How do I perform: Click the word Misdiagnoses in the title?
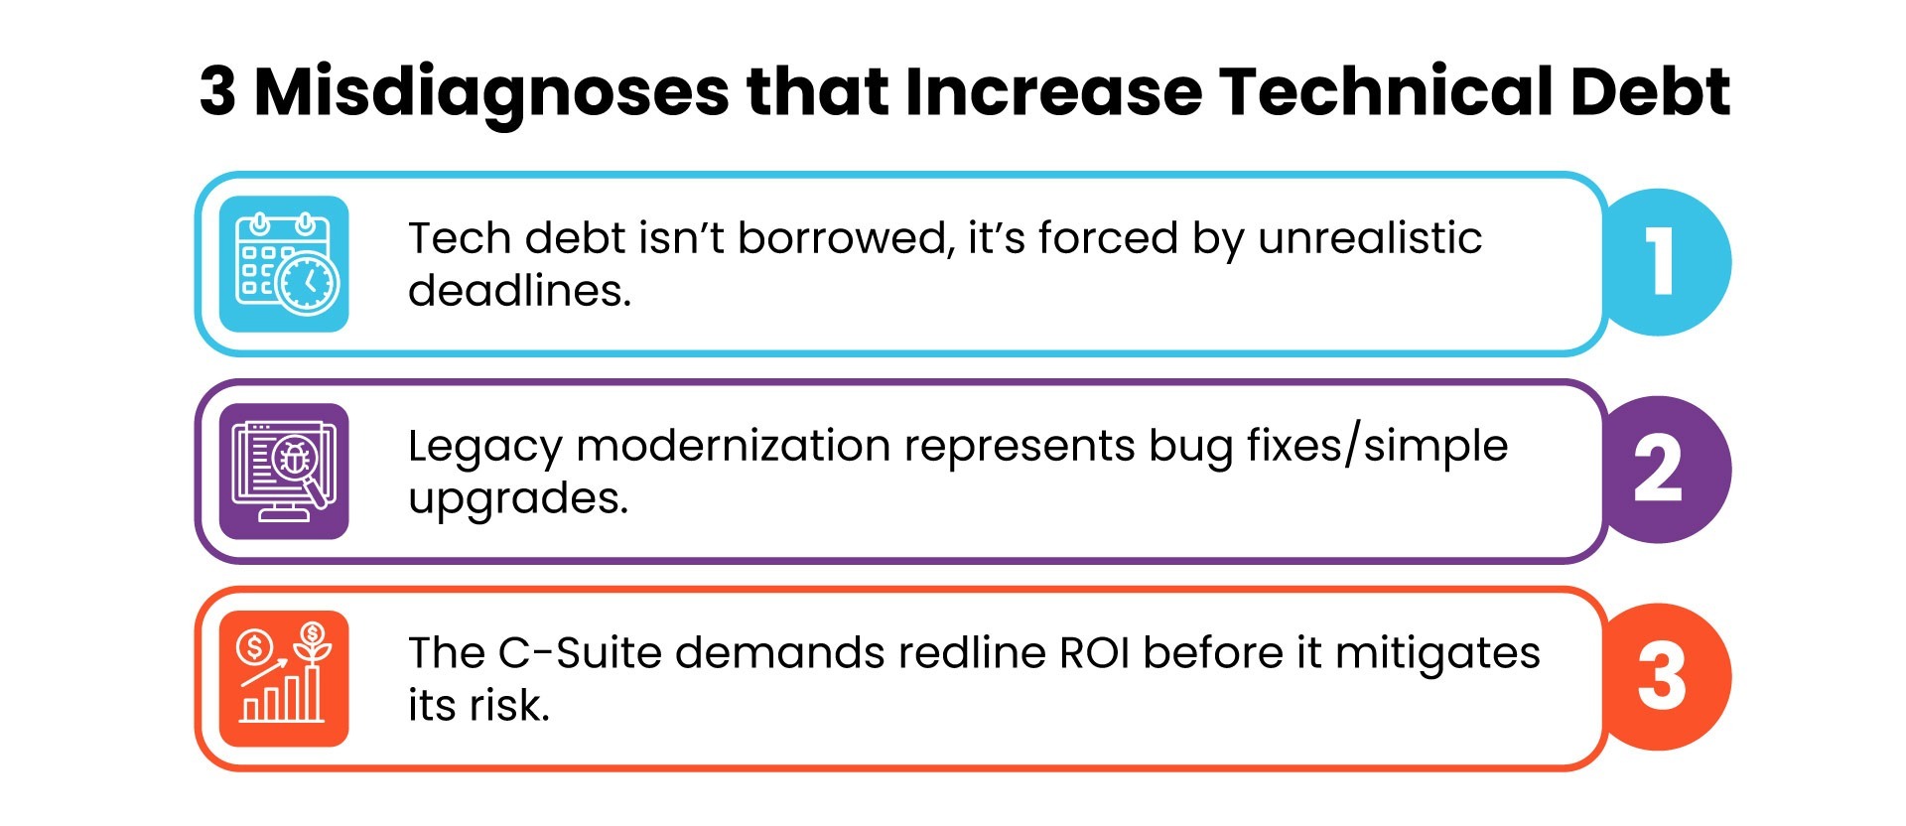point(491,92)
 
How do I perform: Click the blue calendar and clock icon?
point(284,264)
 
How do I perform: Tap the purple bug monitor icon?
point(284,472)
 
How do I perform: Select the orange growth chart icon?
point(284,679)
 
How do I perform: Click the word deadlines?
point(519,291)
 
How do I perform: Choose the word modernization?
point(734,446)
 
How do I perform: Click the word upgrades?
point(517,499)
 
